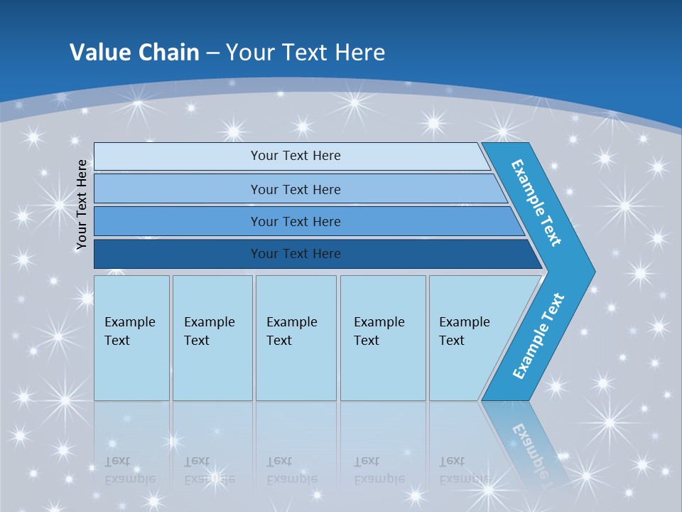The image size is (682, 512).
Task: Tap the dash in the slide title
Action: (x=212, y=53)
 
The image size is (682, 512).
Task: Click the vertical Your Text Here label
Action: (x=82, y=204)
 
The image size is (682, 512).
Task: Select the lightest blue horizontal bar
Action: (x=296, y=156)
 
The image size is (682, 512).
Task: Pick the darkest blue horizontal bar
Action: (x=296, y=254)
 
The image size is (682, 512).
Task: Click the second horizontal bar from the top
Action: (x=296, y=189)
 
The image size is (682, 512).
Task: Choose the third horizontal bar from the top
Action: (x=296, y=221)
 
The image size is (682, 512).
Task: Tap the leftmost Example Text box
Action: (x=131, y=338)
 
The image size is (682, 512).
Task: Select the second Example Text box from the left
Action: (x=212, y=338)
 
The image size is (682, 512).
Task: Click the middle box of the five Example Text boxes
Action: (x=296, y=338)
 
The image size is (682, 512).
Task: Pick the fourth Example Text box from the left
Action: (x=382, y=338)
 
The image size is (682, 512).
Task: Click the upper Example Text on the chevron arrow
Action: (x=536, y=203)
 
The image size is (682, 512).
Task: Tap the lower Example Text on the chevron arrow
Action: (x=538, y=336)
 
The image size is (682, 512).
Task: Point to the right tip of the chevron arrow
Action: (x=593, y=271)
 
